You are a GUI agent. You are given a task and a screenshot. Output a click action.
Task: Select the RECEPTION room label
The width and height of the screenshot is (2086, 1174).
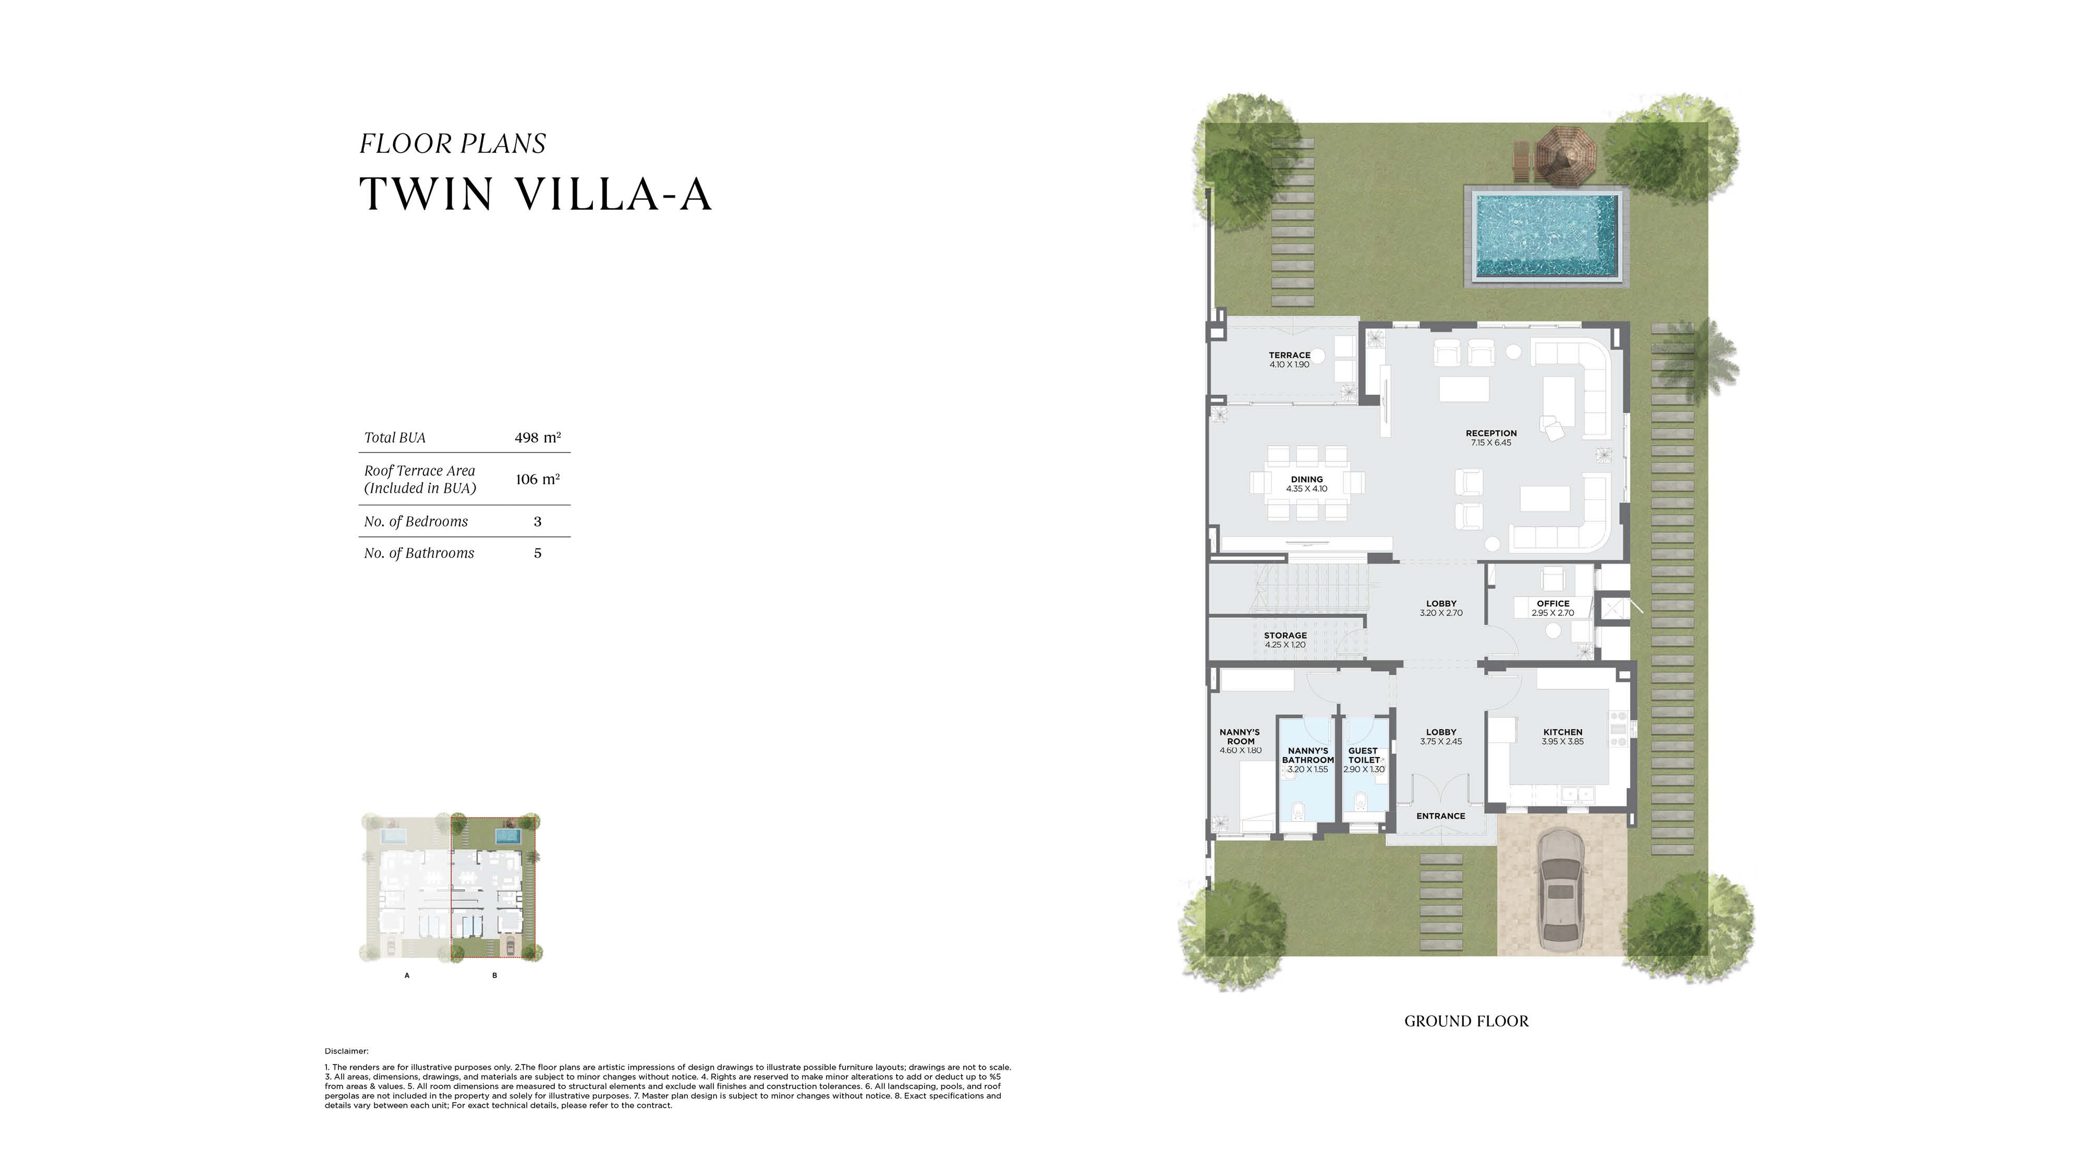point(1491,433)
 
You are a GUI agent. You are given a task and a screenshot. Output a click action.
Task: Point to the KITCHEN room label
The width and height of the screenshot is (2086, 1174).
point(1562,732)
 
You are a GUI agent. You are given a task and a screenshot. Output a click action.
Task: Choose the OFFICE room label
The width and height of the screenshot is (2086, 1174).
point(1553,603)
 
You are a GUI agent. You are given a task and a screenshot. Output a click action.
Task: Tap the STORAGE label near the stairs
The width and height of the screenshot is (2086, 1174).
point(1285,635)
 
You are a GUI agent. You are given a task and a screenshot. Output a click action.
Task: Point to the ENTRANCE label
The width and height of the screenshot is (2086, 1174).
point(1440,816)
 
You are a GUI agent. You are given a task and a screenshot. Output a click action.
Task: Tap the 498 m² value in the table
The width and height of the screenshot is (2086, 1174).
point(538,437)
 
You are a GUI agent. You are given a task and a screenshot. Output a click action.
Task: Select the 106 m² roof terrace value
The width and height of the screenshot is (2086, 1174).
point(538,479)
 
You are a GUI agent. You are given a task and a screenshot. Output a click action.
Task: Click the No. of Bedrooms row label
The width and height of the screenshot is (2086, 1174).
point(416,521)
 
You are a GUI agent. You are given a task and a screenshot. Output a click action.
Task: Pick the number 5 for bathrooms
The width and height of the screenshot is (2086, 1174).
point(538,553)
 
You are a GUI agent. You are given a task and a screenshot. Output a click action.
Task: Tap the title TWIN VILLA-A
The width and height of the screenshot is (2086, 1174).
point(535,194)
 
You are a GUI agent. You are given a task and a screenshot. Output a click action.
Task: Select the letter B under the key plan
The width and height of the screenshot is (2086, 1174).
point(494,975)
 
